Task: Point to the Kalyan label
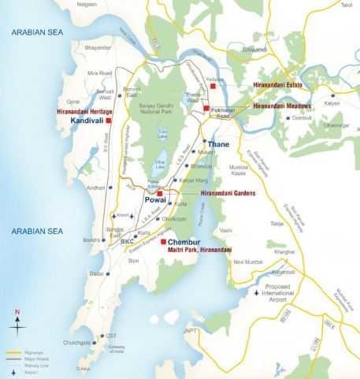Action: coord(332,103)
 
